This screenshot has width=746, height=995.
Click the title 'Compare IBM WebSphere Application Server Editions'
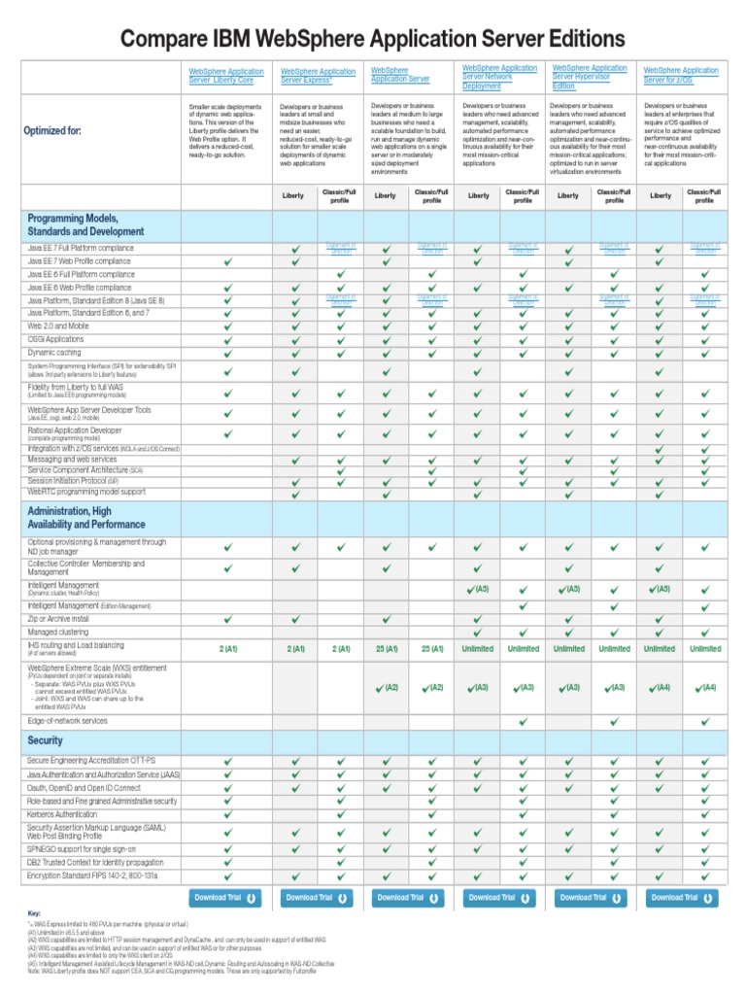coord(373,39)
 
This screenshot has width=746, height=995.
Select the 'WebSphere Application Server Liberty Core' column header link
coord(225,76)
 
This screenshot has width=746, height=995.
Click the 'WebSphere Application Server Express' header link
coord(318,76)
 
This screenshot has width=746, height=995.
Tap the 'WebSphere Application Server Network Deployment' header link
coord(499,77)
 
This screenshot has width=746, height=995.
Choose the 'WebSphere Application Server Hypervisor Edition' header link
coord(590,77)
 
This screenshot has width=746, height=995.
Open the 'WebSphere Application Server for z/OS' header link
coord(681,76)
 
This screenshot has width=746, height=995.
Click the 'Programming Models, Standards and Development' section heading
coord(87,224)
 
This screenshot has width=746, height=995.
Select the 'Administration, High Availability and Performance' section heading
coord(84,517)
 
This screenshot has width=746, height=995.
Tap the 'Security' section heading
coord(46,740)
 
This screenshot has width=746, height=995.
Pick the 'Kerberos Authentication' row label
coord(71,814)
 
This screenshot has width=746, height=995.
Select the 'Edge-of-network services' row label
coord(68,721)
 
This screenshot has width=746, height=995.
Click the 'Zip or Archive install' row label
coord(59,618)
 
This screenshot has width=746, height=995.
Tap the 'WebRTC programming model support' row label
coord(86,492)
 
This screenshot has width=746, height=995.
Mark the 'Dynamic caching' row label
coord(56,353)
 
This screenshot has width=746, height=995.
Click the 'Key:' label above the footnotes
coord(35,914)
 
